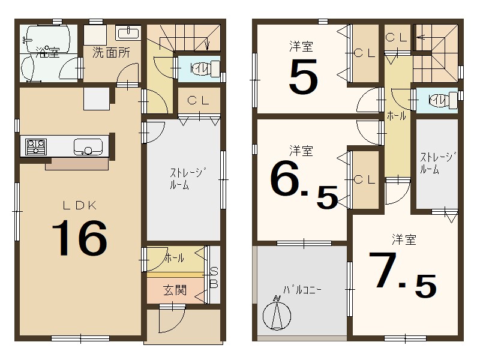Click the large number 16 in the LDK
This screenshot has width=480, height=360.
pyautogui.click(x=80, y=238)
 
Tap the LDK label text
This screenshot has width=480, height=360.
pyautogui.click(x=80, y=205)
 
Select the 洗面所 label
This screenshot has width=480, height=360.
pyautogui.click(x=110, y=52)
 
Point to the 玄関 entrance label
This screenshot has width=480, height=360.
pyautogui.click(x=175, y=290)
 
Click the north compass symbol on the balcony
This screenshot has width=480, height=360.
pyautogui.click(x=277, y=313)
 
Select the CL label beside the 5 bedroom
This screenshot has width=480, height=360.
pyautogui.click(x=364, y=53)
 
